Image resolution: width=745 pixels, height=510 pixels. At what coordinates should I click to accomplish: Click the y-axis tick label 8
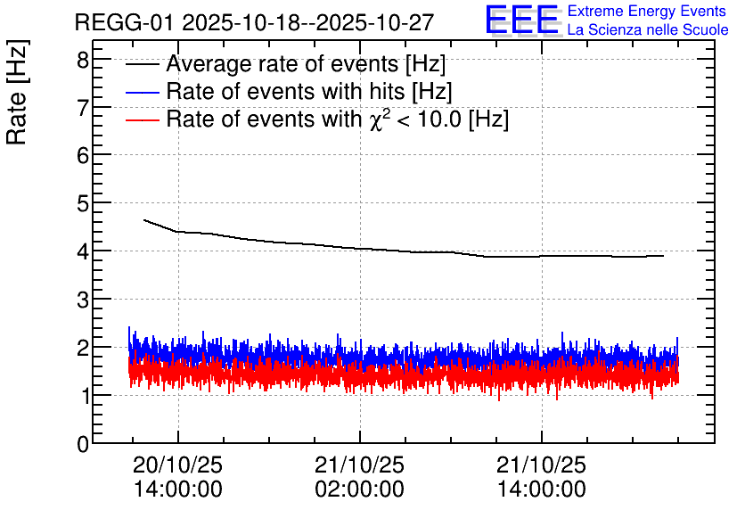click(x=83, y=61)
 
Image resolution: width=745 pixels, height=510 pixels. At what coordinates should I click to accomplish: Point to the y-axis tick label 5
click(x=83, y=203)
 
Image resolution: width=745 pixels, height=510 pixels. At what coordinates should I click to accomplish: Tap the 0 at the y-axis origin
click(x=83, y=444)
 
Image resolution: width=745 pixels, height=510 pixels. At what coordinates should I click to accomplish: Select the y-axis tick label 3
click(x=83, y=300)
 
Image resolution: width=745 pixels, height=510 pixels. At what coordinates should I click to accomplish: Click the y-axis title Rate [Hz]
click(x=17, y=92)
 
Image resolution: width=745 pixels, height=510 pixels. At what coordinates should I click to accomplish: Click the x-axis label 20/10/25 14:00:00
click(x=178, y=477)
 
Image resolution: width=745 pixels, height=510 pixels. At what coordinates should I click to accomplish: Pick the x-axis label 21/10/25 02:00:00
click(x=360, y=477)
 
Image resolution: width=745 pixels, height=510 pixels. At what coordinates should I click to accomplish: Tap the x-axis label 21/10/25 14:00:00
click(x=542, y=477)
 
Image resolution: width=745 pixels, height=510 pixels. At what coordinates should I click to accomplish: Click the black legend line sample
click(x=142, y=64)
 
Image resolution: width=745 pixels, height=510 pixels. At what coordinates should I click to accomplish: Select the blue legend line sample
click(x=142, y=92)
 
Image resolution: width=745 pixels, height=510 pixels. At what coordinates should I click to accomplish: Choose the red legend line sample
click(x=142, y=119)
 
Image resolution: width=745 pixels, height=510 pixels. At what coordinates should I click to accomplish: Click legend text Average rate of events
click(x=282, y=63)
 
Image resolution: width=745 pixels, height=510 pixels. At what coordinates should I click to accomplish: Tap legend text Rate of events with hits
click(x=285, y=91)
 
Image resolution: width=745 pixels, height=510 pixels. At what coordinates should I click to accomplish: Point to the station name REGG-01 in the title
click(x=125, y=22)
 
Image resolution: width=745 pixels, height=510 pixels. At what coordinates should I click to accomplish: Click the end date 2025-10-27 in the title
click(x=375, y=22)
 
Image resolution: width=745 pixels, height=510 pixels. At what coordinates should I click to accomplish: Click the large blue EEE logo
click(x=521, y=20)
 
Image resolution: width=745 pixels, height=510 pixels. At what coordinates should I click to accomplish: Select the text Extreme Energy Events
click(x=647, y=11)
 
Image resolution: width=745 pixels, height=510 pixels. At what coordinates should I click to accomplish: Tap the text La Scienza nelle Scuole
click(x=648, y=30)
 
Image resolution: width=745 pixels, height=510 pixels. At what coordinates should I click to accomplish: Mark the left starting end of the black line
click(x=144, y=220)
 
